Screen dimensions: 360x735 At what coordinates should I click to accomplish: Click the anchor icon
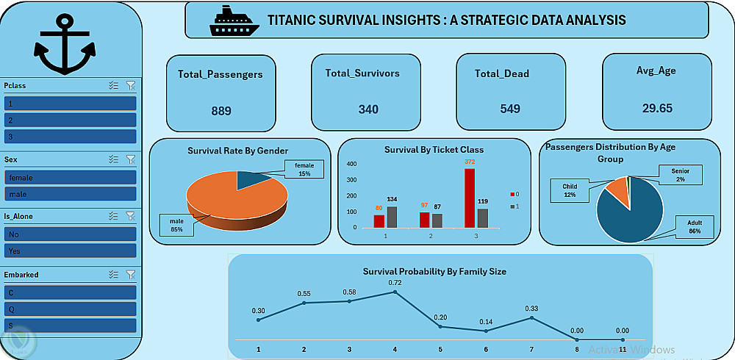click(x=65, y=46)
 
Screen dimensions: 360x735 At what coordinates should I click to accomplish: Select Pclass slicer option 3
click(x=71, y=137)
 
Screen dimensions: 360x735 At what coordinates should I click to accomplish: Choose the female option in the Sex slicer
click(x=71, y=177)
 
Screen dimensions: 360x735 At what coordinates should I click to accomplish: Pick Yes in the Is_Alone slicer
click(x=71, y=251)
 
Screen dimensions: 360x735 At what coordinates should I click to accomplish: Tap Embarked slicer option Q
click(x=71, y=309)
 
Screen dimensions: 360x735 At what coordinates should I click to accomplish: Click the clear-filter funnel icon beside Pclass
click(x=131, y=85)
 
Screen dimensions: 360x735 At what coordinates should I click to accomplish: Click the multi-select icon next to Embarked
click(x=113, y=274)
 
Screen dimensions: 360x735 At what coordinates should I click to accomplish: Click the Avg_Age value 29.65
click(x=656, y=108)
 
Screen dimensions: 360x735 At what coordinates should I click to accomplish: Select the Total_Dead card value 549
click(x=510, y=109)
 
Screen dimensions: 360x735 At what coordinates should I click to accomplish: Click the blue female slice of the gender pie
click(x=254, y=179)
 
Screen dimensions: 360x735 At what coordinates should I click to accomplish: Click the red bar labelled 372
click(x=469, y=198)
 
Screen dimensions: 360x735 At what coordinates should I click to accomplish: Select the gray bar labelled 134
click(x=392, y=216)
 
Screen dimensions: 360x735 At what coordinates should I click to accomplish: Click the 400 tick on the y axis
click(x=351, y=165)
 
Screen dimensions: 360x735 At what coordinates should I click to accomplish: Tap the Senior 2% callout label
click(x=680, y=175)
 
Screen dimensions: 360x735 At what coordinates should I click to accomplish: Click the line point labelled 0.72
click(x=395, y=292)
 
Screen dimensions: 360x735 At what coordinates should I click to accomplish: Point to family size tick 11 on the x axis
click(x=623, y=350)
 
